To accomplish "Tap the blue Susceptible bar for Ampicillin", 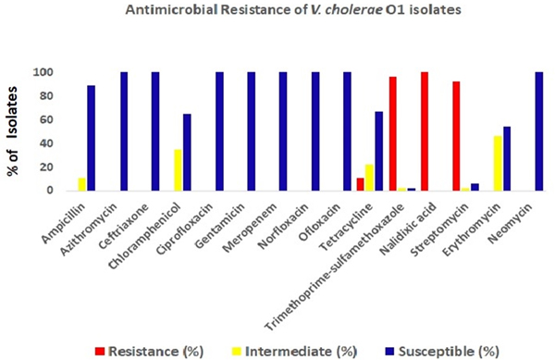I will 92,138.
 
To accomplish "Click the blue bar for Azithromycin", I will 123,131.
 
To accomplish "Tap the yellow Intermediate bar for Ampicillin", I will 81,184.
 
